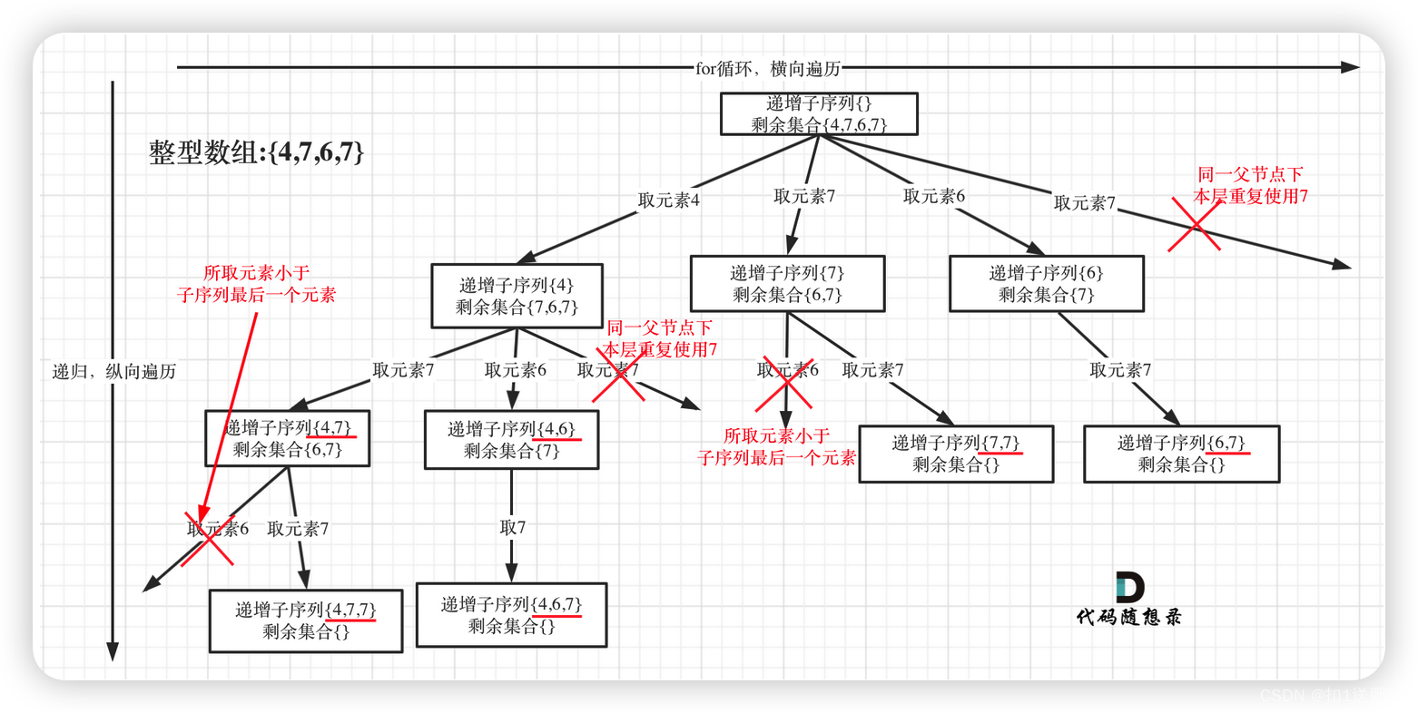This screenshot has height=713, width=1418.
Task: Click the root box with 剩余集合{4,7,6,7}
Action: click(819, 114)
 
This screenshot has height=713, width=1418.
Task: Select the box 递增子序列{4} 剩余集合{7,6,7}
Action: click(517, 296)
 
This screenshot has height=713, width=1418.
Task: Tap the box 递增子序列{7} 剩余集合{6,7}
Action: click(787, 283)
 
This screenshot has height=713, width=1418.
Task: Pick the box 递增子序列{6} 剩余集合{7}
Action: click(1046, 283)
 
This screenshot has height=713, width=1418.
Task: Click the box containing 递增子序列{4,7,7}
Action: click(306, 620)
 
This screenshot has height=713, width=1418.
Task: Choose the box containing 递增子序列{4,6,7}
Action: click(511, 614)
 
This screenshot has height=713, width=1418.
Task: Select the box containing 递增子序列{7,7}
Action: click(956, 454)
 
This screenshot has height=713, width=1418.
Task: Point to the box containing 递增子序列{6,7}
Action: click(1181, 454)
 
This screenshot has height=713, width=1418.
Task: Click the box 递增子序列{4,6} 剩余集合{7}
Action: click(511, 440)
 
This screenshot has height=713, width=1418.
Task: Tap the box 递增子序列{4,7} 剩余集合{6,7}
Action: click(287, 438)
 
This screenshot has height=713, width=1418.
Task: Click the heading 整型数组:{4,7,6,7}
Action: click(257, 152)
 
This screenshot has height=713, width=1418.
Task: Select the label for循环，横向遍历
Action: click(768, 68)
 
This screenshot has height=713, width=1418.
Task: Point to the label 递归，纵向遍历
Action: click(114, 371)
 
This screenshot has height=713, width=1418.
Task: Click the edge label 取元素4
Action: click(668, 200)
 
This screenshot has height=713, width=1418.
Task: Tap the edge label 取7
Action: click(513, 527)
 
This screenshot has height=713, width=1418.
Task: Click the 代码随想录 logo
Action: click(1129, 599)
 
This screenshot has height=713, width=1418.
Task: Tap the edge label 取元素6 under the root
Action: click(934, 196)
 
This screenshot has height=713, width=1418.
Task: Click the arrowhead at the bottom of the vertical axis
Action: click(113, 651)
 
